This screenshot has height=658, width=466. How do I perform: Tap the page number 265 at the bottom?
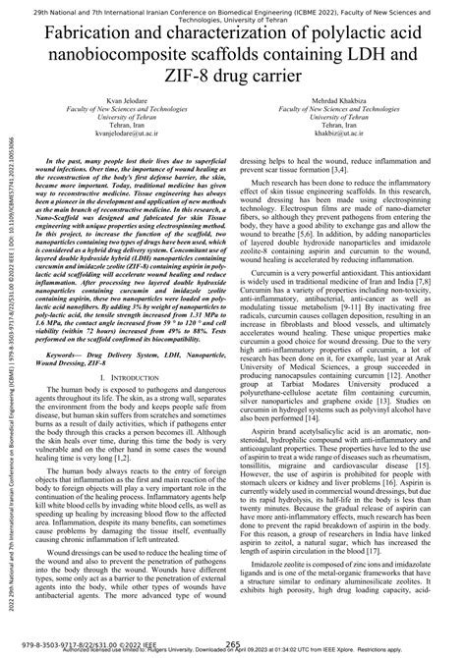[x=233, y=643]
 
